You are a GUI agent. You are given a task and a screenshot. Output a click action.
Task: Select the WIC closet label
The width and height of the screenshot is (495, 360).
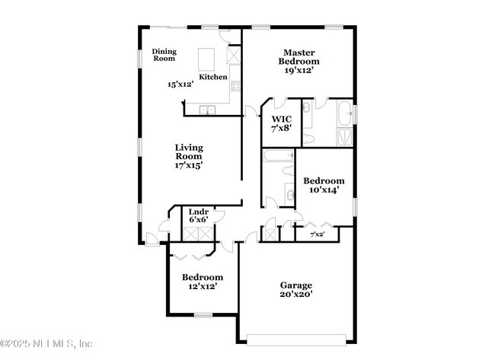coord(282,119)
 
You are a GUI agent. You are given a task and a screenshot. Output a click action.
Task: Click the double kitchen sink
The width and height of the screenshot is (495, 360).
coord(206,111)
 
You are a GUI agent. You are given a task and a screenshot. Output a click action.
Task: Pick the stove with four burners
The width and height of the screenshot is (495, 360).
coord(236,85)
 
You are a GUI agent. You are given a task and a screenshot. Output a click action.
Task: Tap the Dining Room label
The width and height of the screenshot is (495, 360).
coord(164,55)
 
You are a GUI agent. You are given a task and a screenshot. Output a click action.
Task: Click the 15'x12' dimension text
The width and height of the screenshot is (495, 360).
coord(180,84)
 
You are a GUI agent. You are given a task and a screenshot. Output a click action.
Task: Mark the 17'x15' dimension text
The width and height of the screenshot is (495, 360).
coord(189,164)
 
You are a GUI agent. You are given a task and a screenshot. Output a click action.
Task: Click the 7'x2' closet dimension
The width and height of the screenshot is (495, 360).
coord(318,234)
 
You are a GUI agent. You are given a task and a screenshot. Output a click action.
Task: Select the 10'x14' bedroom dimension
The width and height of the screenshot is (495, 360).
coord(324,190)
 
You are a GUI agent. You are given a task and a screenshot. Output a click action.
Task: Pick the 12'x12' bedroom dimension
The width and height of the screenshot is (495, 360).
coord(202,287)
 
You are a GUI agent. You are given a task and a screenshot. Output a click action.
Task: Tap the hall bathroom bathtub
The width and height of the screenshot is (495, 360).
coord(278,157)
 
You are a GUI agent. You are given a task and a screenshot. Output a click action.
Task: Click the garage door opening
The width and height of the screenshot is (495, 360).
coord(299,339)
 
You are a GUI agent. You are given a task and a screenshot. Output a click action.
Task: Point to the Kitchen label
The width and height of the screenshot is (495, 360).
coord(213,77)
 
